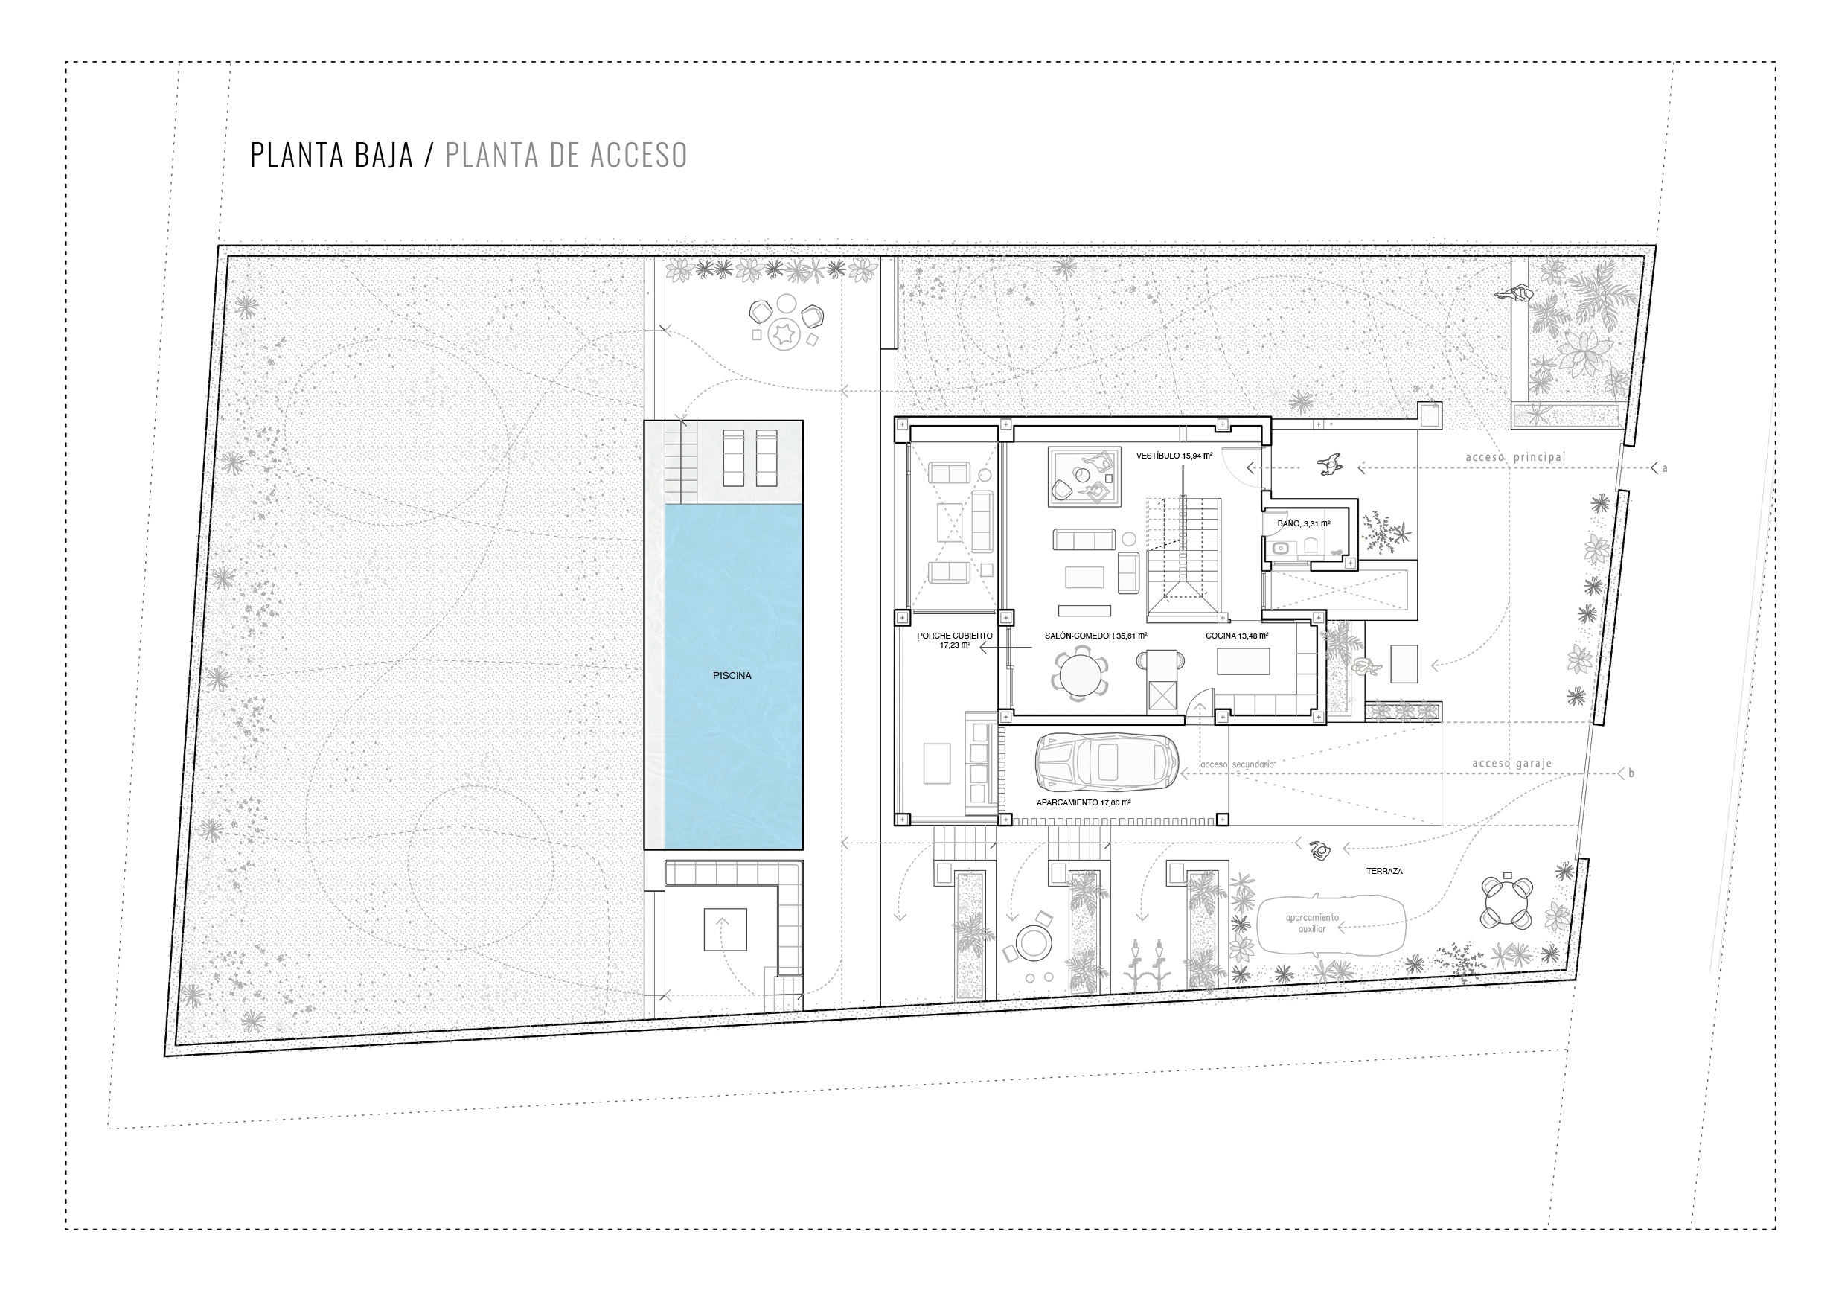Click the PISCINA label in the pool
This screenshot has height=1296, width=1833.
click(732, 676)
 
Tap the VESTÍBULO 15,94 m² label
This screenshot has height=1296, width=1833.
click(1174, 456)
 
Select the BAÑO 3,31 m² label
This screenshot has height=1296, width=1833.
click(1304, 524)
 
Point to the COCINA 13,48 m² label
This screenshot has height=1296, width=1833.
click(1237, 636)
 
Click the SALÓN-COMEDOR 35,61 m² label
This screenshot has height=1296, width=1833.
click(1095, 636)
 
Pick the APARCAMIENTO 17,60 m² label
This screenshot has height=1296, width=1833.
click(1084, 802)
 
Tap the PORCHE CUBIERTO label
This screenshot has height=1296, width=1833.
click(955, 636)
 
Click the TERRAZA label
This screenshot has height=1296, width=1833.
click(1384, 871)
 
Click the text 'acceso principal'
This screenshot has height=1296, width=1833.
click(1515, 458)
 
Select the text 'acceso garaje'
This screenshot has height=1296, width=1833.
click(1512, 764)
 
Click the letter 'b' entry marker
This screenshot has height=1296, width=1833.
click(1631, 773)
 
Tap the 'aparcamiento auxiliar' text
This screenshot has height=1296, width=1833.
click(1312, 923)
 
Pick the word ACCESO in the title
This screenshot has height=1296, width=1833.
click(638, 155)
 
